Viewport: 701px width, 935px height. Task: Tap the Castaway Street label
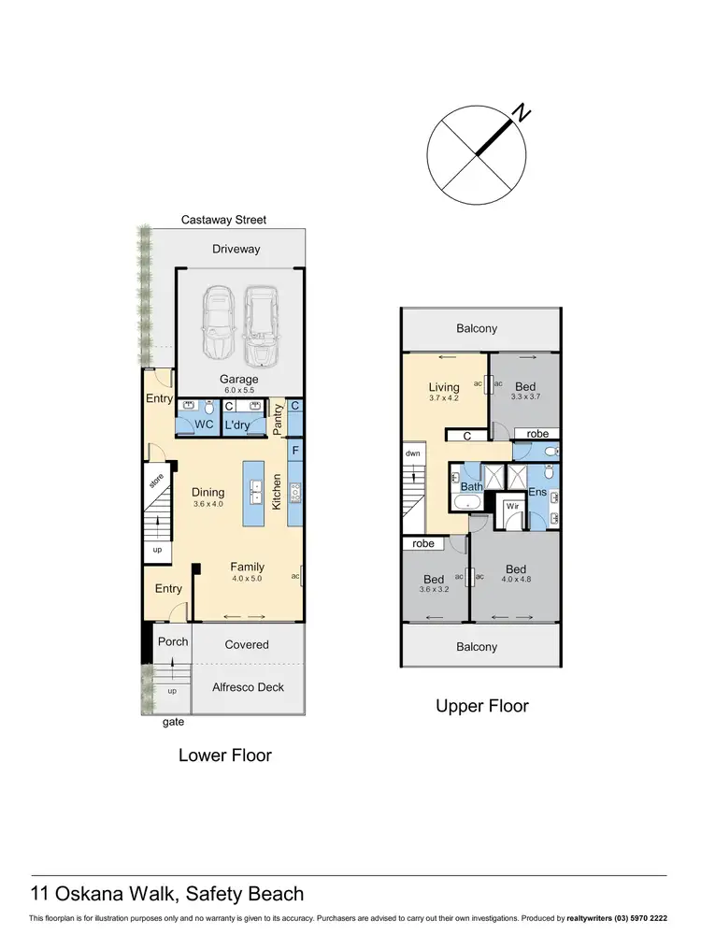[223, 220]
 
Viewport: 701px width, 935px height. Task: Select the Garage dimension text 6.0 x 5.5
[238, 390]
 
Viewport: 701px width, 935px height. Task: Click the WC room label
[203, 424]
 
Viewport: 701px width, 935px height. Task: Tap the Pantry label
[277, 418]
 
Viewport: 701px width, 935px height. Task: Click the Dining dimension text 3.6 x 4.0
[209, 505]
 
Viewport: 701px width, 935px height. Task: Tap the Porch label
[172, 641]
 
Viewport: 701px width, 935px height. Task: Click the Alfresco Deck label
[247, 687]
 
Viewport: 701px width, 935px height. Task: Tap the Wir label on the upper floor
[512, 507]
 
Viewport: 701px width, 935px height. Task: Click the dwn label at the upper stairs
[413, 453]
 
